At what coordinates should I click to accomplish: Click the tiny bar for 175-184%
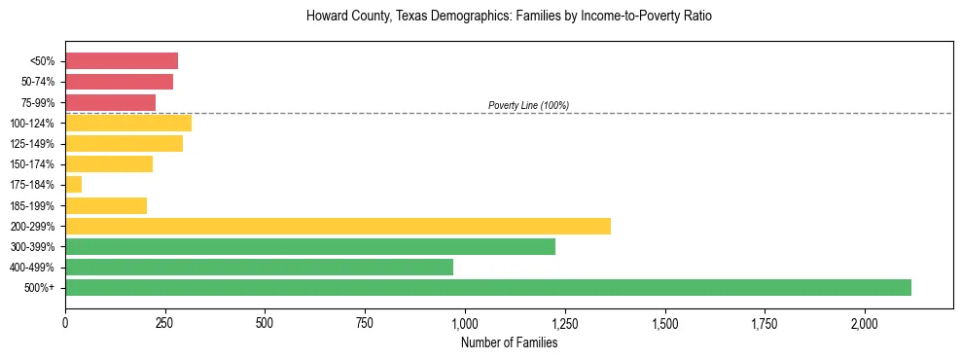pos(74,184)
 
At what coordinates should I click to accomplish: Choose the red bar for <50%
pos(122,61)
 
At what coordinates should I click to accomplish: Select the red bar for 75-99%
pos(110,102)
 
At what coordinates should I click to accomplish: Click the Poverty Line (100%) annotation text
pos(528,105)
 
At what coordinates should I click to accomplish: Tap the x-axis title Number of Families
pos(509,342)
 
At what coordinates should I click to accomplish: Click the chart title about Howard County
pos(509,17)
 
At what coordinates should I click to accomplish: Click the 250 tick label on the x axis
pos(165,322)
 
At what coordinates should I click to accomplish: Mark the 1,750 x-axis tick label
pos(765,322)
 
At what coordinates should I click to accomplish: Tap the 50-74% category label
pos(38,82)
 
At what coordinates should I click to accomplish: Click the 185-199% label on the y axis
pos(35,205)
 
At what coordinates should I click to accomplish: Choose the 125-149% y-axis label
pos(35,143)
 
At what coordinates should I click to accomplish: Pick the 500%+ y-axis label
pos(41,288)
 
